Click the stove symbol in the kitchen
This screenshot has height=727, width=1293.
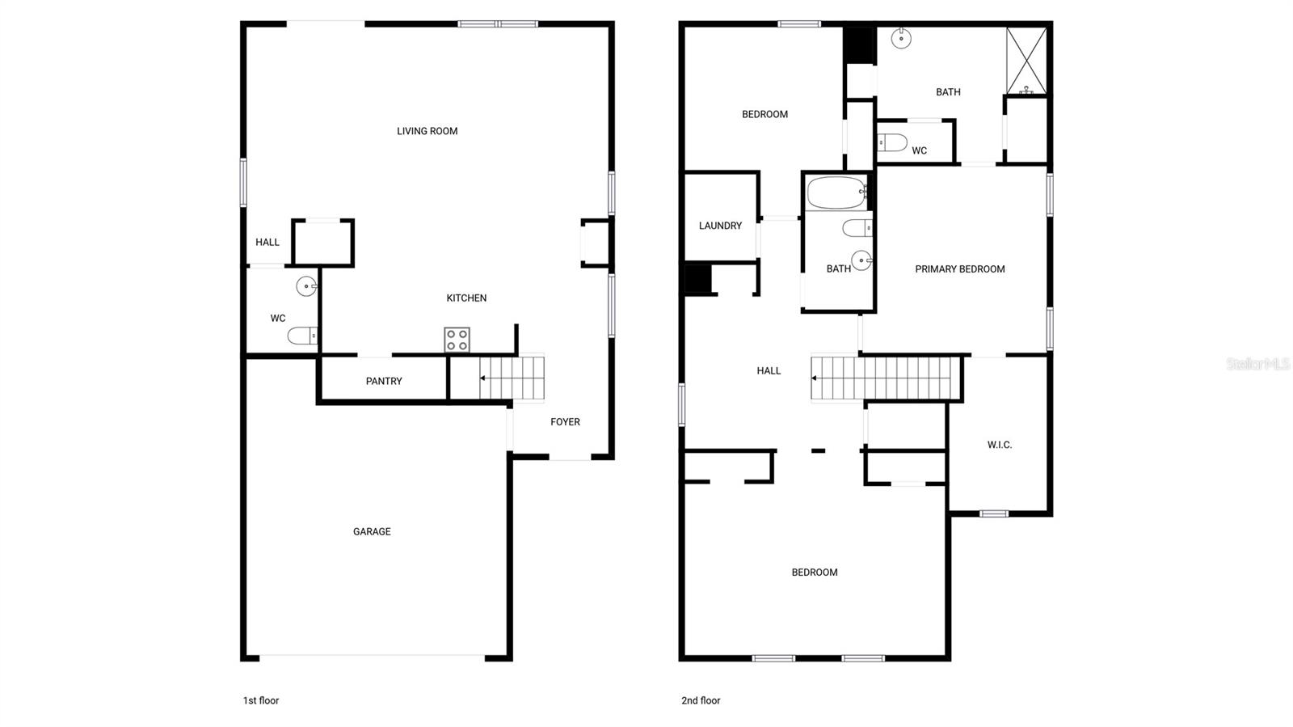(457, 340)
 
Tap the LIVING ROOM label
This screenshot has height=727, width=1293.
(427, 131)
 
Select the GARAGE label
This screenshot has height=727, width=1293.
(372, 531)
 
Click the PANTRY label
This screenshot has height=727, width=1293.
(384, 381)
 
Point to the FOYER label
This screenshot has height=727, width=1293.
(565, 421)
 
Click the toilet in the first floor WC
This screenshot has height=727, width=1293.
(302, 336)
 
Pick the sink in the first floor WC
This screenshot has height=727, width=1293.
(306, 285)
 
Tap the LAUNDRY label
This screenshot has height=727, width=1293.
(720, 226)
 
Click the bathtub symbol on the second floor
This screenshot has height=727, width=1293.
(836, 193)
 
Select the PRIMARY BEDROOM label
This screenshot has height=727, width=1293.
(959, 269)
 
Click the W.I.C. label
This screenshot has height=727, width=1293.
(999, 445)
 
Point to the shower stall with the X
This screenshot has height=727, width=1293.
(1026, 61)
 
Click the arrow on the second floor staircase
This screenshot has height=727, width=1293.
(816, 378)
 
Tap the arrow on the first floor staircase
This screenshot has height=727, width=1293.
(483, 378)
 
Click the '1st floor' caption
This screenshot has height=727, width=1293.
(261, 700)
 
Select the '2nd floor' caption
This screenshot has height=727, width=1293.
(701, 700)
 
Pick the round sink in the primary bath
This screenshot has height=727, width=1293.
(900, 37)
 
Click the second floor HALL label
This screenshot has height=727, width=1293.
(769, 370)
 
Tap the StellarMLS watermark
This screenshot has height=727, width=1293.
(1257, 364)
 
